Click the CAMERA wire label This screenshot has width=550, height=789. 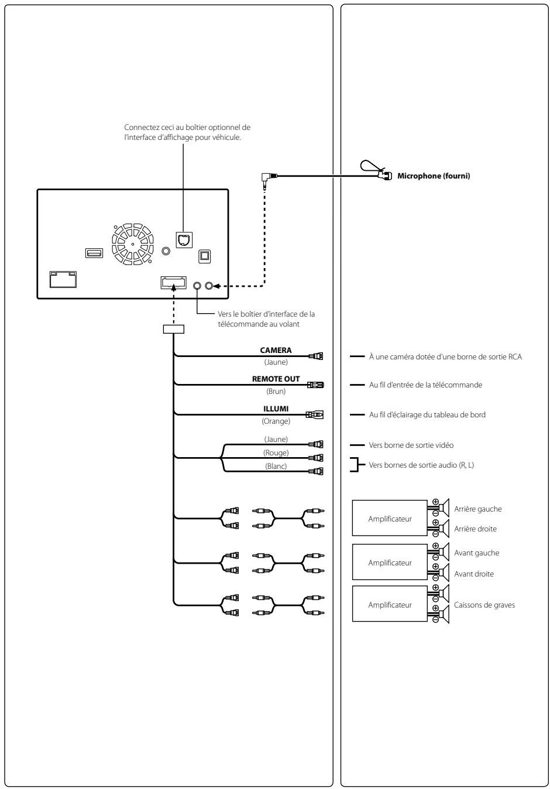point(276,351)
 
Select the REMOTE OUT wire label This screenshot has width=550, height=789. point(276,379)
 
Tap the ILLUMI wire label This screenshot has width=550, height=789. point(276,409)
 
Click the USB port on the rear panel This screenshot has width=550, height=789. point(93,253)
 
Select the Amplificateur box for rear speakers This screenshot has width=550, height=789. point(390,519)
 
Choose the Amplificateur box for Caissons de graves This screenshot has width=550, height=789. point(390,605)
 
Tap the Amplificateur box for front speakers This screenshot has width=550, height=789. point(390,562)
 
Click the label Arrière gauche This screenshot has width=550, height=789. point(477,509)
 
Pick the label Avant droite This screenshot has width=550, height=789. point(473,574)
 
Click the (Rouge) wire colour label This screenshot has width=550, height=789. point(276,453)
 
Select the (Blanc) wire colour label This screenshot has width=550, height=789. point(276,466)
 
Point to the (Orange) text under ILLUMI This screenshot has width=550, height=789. point(276,420)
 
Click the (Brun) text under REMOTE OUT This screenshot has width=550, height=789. point(276,390)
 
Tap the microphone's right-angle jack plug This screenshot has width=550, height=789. point(267,176)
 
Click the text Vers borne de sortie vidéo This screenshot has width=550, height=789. point(411,445)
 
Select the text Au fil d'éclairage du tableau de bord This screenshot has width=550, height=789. point(427,414)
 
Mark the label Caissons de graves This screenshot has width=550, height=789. point(484,605)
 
